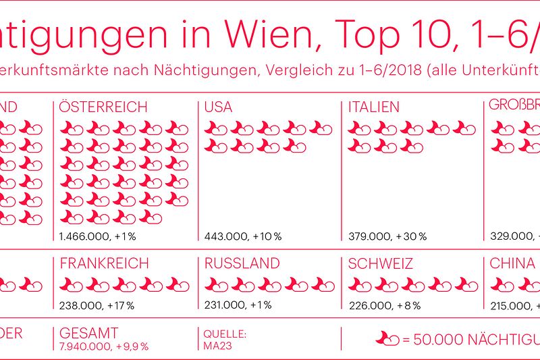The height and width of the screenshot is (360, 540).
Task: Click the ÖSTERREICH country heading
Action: point(103,107)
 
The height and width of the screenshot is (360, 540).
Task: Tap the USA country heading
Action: point(218,107)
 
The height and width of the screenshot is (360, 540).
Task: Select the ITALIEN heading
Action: point(373,107)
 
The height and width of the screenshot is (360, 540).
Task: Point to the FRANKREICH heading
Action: point(104,263)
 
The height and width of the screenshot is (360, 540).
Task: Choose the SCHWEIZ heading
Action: point(380,263)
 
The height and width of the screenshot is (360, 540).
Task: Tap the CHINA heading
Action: point(512,263)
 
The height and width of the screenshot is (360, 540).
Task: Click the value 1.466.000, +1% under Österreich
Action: point(97,237)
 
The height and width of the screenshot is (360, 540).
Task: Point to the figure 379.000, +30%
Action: point(387,237)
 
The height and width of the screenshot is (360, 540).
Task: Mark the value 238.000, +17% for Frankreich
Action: point(97,305)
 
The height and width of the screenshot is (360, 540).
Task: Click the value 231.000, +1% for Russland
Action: point(238,305)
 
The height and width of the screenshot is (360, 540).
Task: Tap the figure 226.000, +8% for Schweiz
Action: point(384,305)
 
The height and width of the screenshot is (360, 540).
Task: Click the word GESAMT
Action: point(88,333)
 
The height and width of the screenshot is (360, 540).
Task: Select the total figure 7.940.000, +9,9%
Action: point(103,346)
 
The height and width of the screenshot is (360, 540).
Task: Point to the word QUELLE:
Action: point(220,333)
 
